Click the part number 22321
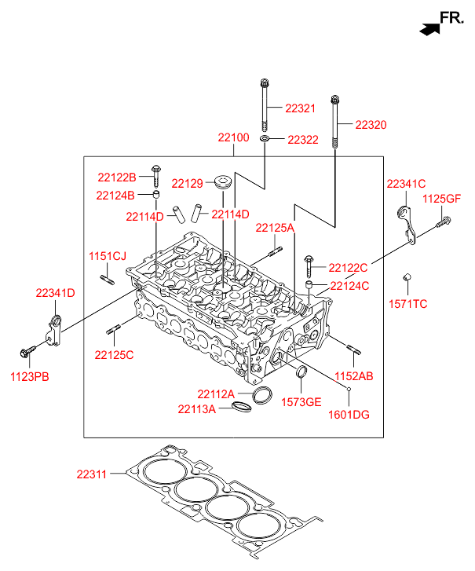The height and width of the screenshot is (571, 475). click(299, 108)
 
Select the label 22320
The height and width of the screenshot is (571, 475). click(371, 124)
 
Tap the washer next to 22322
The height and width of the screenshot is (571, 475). click(265, 139)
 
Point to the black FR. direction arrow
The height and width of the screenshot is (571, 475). click(429, 29)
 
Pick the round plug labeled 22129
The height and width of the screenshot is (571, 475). click(223, 184)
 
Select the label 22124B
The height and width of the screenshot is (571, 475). click(115, 195)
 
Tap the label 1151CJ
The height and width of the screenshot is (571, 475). click(107, 256)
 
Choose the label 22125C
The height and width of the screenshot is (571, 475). click(114, 355)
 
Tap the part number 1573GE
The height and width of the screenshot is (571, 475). click(301, 402)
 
